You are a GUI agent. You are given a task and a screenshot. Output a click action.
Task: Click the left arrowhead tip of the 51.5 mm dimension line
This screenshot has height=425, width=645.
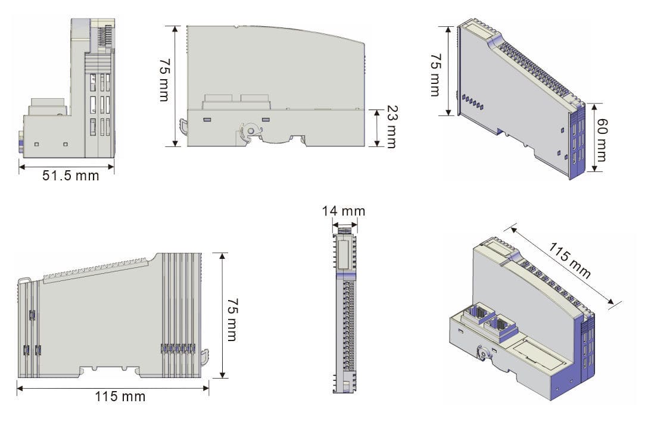[19, 167]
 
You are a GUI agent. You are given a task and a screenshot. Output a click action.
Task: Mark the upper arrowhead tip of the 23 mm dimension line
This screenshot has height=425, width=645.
[377, 110]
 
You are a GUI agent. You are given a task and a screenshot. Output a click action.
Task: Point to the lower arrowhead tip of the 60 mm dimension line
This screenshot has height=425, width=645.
[594, 171]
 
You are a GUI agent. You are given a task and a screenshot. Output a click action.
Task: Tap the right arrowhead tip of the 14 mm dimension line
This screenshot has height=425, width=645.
[357, 225]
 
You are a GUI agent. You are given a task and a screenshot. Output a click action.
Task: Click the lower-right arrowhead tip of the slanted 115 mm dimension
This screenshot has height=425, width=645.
[614, 304]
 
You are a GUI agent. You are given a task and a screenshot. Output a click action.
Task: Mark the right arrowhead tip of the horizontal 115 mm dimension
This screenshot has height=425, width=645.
[208, 387]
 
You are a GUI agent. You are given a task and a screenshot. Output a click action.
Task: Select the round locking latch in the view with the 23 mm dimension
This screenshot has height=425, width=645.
[250, 131]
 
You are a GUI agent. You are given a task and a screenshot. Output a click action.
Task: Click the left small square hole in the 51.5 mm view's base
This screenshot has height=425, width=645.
[36, 144]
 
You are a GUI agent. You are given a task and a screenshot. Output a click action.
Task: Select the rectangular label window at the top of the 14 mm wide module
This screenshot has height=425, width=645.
[344, 253]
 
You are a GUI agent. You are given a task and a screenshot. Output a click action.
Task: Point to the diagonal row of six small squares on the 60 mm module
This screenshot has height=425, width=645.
[473, 102]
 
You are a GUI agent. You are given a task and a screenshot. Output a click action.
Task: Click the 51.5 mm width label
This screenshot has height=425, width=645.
[71, 176]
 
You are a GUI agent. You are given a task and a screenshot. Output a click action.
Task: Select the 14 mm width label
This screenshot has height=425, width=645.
[344, 211]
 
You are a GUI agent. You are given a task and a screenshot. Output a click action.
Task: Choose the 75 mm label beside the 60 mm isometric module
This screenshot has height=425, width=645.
[435, 75]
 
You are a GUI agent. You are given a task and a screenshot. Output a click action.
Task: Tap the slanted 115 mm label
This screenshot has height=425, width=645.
[570, 260]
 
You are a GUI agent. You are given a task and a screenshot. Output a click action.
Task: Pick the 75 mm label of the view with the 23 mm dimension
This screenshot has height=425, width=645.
[164, 80]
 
